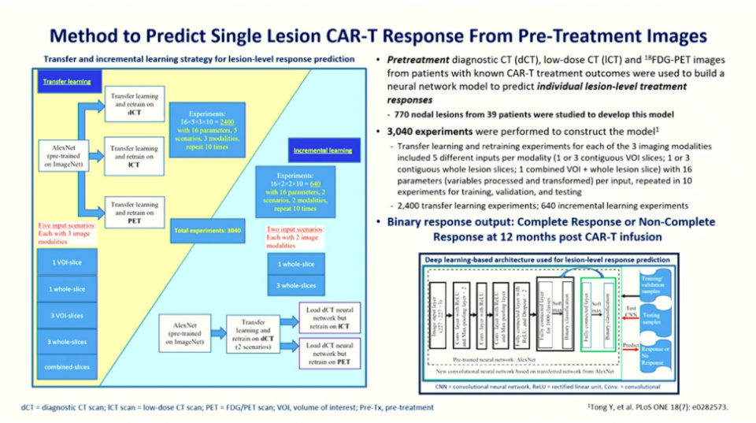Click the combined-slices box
[x=68, y=368]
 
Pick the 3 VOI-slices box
[x=68, y=316]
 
